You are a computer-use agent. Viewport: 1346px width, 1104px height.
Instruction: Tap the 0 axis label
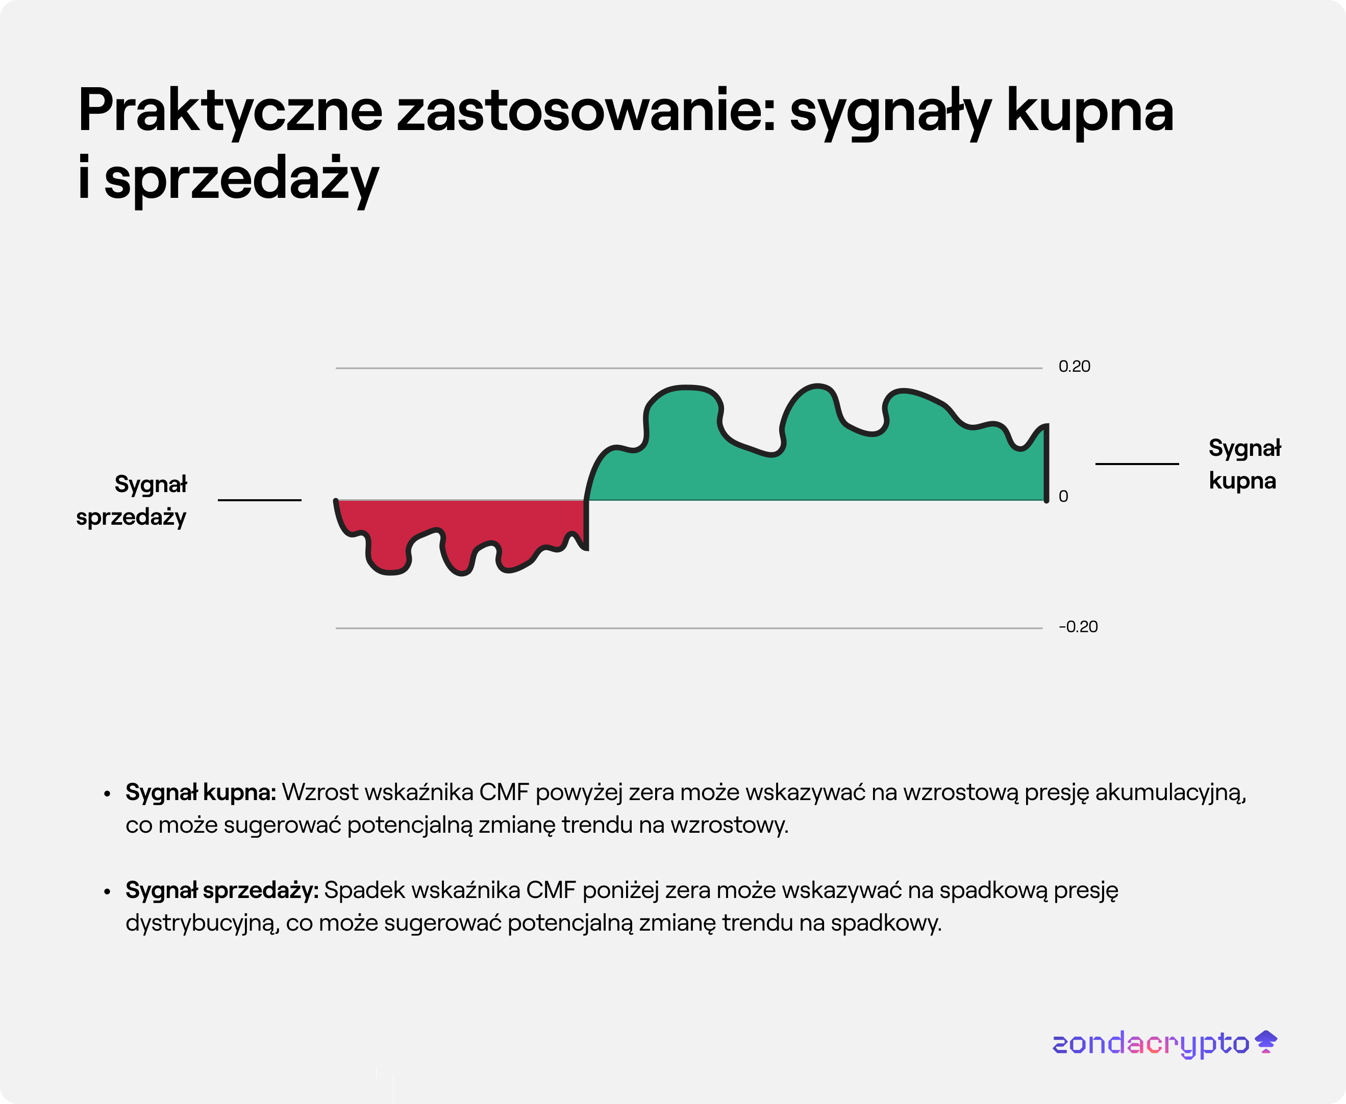click(x=1063, y=496)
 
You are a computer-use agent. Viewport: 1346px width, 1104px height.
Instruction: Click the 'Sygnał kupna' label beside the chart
click(x=1244, y=464)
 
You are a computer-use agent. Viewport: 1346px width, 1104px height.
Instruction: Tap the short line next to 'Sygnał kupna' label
click(x=1137, y=464)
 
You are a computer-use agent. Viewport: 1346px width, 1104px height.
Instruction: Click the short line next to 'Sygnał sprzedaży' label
click(x=259, y=500)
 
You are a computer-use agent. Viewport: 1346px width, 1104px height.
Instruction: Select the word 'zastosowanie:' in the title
click(x=585, y=111)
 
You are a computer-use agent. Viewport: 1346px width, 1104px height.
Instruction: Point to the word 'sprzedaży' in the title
click(x=241, y=179)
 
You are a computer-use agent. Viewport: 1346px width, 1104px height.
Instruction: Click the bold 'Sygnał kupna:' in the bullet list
click(x=201, y=792)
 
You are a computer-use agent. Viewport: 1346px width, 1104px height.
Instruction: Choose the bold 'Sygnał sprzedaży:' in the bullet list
click(x=221, y=890)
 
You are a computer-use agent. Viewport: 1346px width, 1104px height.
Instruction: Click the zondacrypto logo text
click(x=1151, y=1044)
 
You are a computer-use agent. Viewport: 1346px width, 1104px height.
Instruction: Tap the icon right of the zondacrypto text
click(x=1266, y=1042)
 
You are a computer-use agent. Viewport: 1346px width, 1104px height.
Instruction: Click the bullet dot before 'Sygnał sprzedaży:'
click(x=107, y=891)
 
